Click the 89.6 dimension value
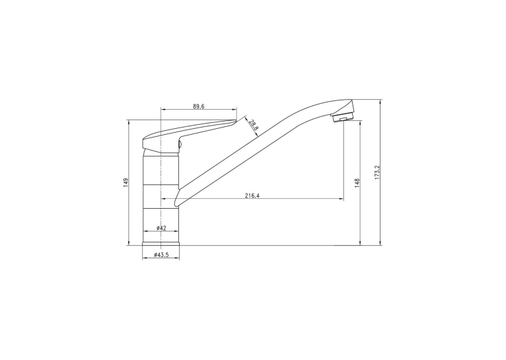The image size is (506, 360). point(199,106)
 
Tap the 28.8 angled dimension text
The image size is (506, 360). point(254,125)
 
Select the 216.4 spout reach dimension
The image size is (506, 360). point(252,196)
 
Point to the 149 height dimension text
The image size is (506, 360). point(126,182)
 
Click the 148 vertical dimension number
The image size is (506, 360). point(357,183)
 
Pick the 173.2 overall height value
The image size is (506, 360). point(378,172)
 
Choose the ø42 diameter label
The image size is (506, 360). point(161,228)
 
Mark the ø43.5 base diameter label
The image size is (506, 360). point(161,255)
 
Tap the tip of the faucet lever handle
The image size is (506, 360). point(236,121)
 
